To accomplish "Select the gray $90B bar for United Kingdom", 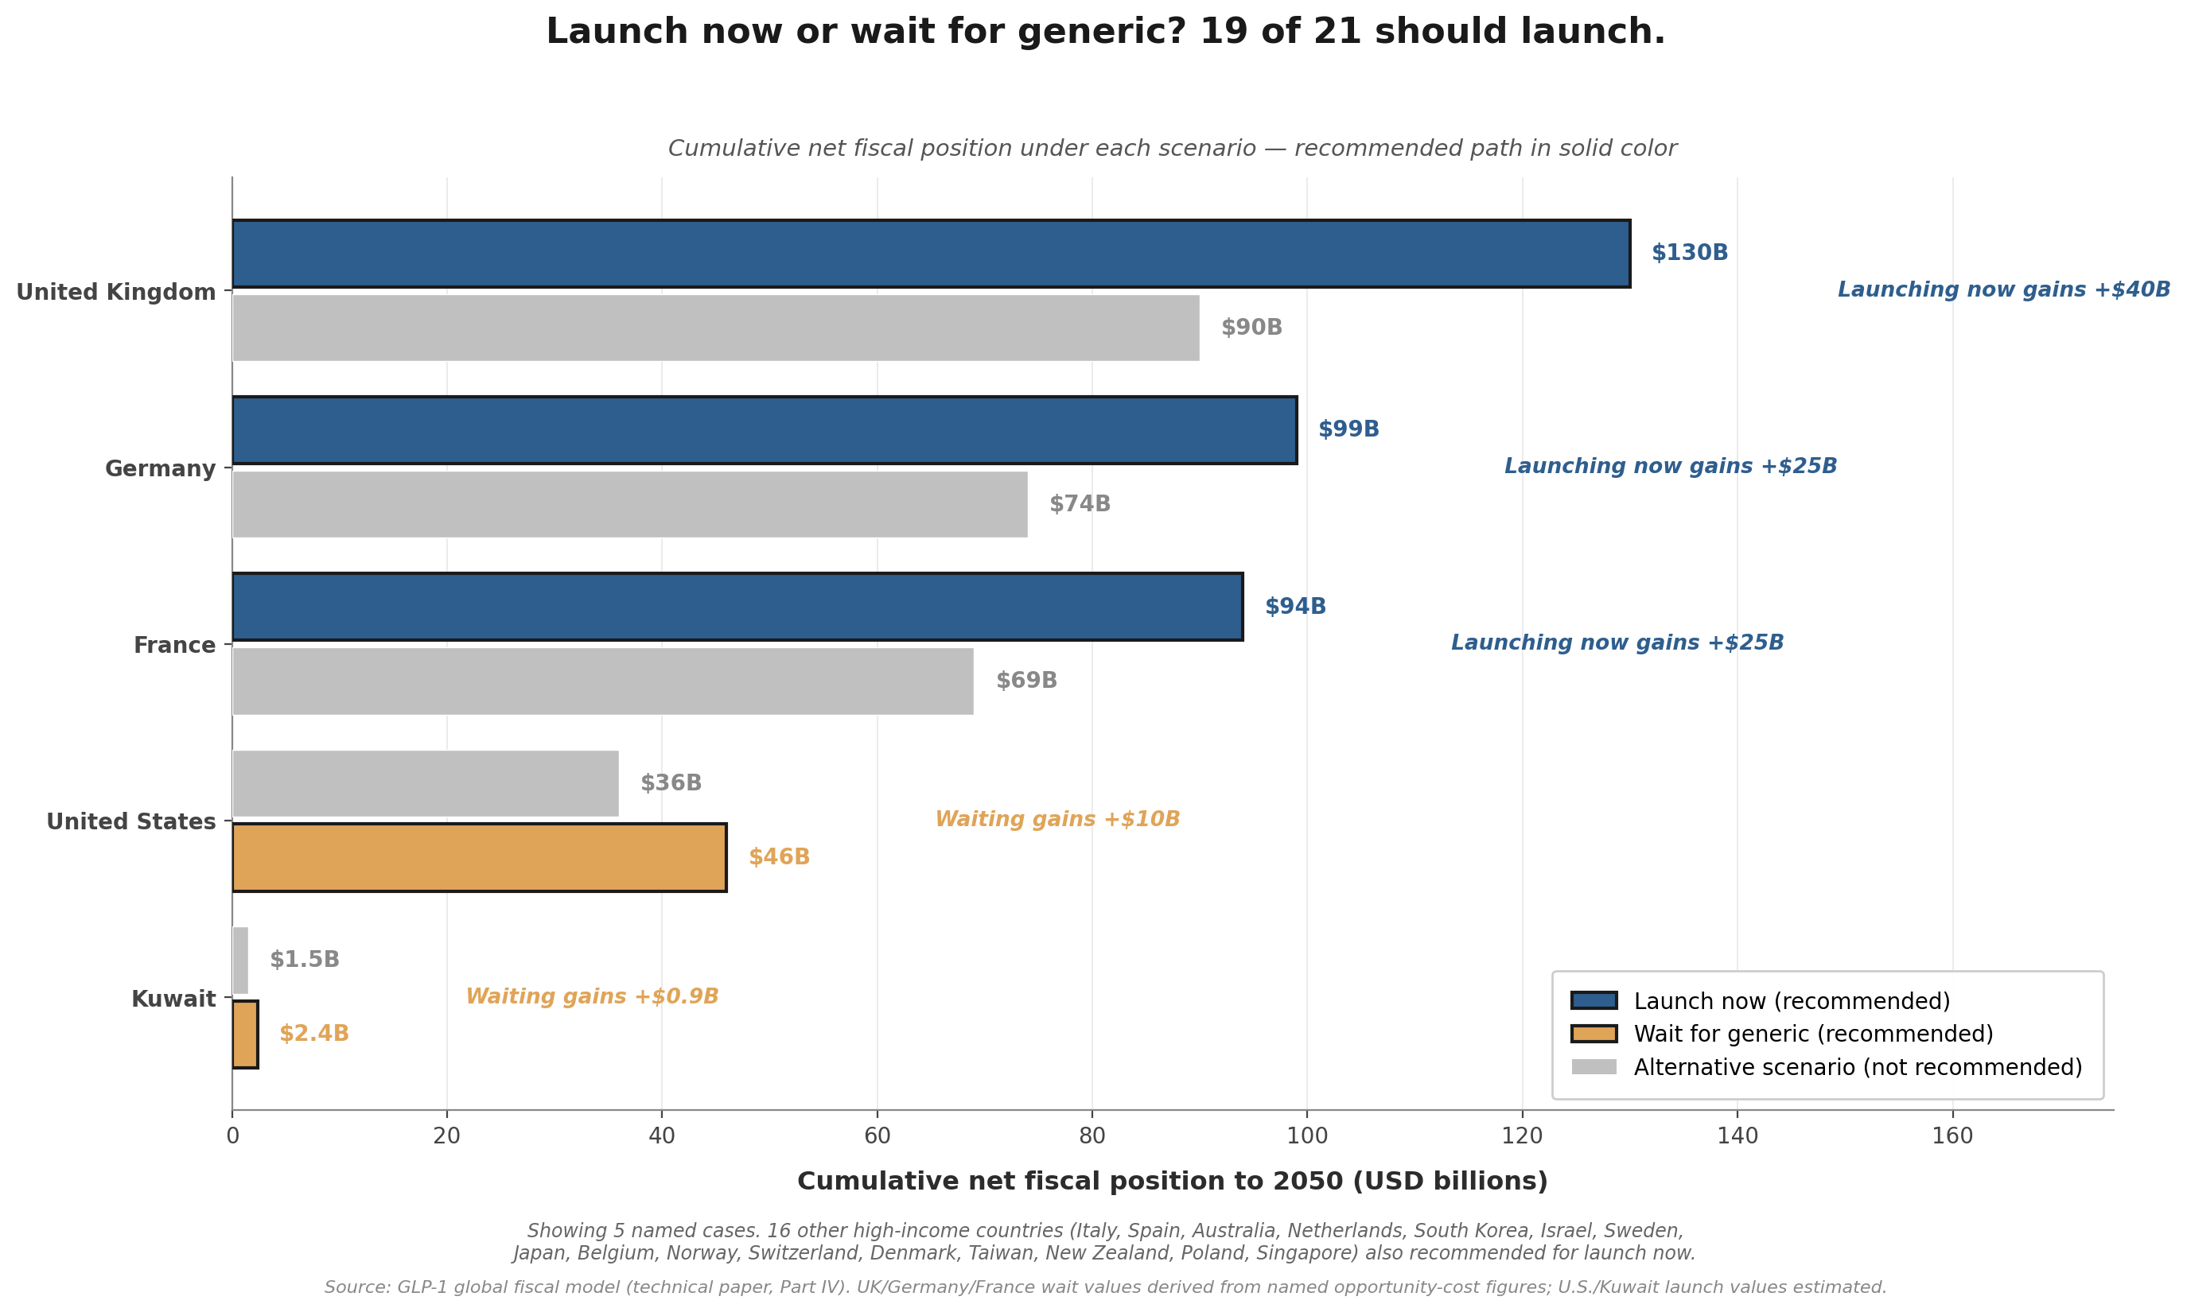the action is pos(715,328).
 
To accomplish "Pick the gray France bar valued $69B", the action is pos(602,681).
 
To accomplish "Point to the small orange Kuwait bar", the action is pos(245,1034).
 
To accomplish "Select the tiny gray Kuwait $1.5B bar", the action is pos(239,960).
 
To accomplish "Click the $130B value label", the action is pos(1689,253).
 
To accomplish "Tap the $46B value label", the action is pos(779,856).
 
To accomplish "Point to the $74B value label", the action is pos(1080,504).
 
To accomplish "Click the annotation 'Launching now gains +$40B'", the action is pos(2004,290).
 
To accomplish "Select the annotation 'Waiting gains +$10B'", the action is pos(1057,820).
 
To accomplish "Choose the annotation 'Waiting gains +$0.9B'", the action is pos(593,997).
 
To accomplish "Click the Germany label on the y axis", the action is pos(160,468).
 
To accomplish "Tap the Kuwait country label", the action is pos(173,999).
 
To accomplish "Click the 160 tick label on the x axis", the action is pos(1952,1136).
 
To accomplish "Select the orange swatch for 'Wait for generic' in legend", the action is pos(1594,1034).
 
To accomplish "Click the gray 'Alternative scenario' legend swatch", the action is pos(1594,1067).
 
